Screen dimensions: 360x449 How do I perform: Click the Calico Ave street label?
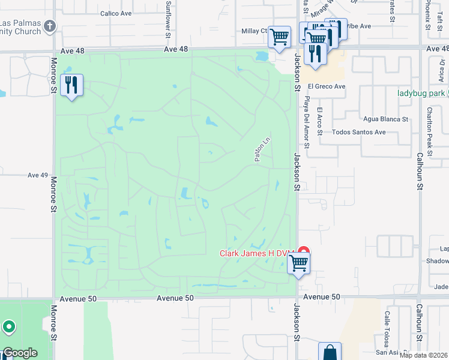tap(116, 13)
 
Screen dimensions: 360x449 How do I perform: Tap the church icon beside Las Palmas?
tap(50, 26)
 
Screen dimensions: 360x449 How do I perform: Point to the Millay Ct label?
tap(254, 31)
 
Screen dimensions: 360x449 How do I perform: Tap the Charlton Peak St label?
tap(429, 128)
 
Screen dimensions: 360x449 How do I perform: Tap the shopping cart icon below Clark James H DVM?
tap(298, 263)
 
